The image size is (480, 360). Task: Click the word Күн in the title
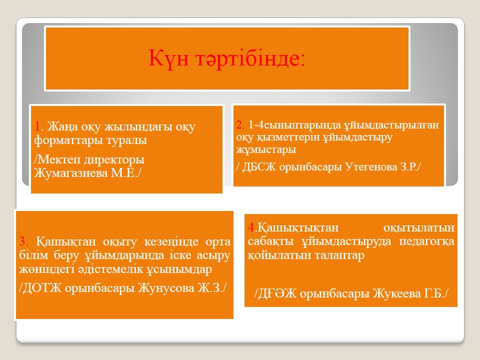click(x=168, y=58)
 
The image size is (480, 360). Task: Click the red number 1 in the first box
click(x=37, y=126)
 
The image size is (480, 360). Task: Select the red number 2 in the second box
click(x=239, y=124)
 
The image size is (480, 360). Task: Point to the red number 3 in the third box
click(x=22, y=241)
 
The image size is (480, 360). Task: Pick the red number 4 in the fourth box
click(x=251, y=227)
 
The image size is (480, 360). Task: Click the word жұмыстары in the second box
click(x=266, y=150)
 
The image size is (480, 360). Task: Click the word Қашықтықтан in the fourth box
click(x=298, y=228)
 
